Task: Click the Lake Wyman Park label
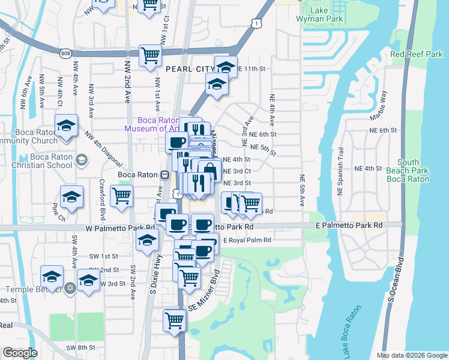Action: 319,15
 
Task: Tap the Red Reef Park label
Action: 416,55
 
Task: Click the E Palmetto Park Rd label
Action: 349,224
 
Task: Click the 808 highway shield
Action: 65,53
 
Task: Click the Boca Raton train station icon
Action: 163,175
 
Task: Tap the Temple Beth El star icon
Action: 70,287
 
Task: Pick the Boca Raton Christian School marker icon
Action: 82,160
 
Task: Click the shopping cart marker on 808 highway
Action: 149,55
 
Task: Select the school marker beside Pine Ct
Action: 71,197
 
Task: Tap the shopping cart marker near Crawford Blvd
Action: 122,196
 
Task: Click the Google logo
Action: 20,353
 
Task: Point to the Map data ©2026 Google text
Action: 411,355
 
